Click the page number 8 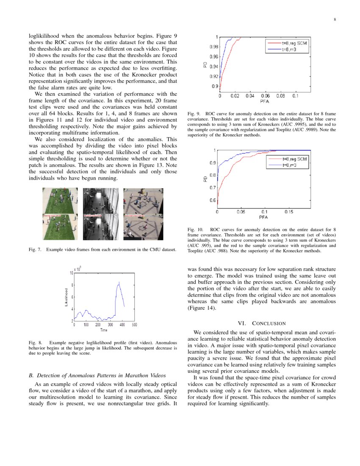point(335,19)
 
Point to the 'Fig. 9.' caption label point(194,114)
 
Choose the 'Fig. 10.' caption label point(195,230)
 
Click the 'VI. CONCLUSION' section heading point(261,323)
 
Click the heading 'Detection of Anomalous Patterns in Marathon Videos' point(97,375)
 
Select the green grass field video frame point(60,214)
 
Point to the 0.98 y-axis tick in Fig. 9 point(213,47)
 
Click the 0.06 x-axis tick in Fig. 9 point(266,96)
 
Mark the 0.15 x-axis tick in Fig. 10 point(288,211)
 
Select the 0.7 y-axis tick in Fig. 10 point(213,188)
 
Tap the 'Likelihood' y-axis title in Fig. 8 point(66,297)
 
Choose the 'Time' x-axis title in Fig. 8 point(104,330)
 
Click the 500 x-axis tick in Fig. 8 point(135,325)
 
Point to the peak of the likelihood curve point(119,282)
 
